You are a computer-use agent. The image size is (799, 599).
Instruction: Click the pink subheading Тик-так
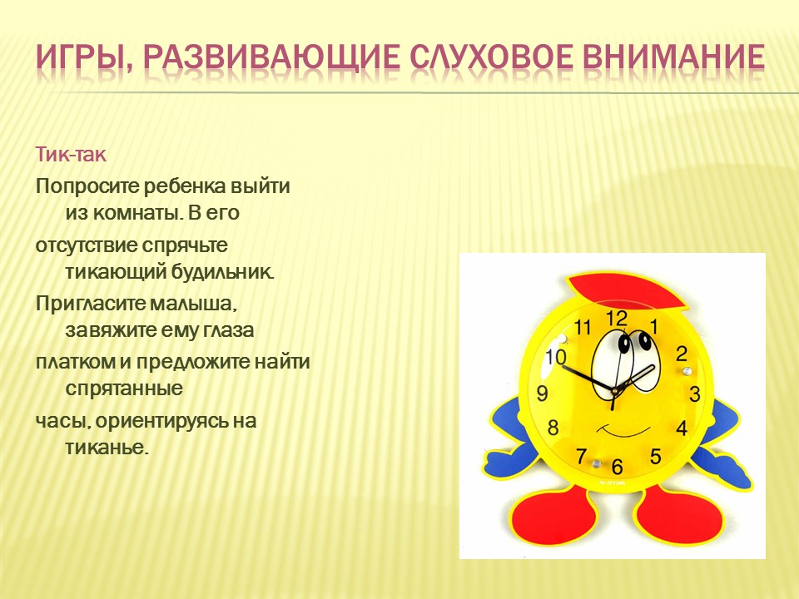click(71, 154)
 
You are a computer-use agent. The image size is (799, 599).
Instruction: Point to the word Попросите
click(87, 186)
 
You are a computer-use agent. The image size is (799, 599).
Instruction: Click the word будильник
click(223, 271)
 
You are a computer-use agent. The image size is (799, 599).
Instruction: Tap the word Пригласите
click(90, 304)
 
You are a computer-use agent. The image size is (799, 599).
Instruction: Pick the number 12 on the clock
click(616, 319)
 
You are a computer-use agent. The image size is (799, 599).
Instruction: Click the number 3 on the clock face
click(695, 394)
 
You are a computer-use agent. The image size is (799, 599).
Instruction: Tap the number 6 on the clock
click(617, 466)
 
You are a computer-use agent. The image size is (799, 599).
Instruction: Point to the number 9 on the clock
click(542, 394)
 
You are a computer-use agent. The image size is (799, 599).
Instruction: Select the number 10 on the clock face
click(555, 357)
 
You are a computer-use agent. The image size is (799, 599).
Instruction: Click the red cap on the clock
click(627, 292)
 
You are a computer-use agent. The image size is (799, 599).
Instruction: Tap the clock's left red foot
click(554, 514)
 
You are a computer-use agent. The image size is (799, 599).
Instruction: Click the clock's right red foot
click(680, 513)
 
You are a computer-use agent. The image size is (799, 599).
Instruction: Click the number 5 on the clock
click(655, 456)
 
